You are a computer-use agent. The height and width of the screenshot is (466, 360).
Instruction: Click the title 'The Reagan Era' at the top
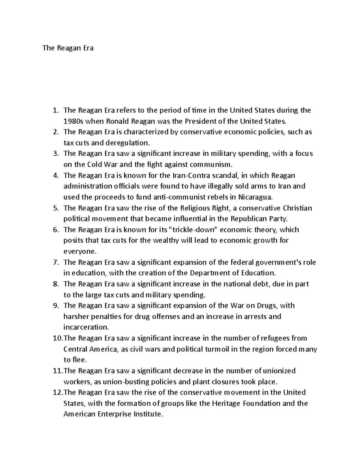[x=68, y=48]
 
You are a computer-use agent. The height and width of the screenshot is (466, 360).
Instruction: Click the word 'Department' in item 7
[x=208, y=273]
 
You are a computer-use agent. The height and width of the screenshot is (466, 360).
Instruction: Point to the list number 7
[x=55, y=262]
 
